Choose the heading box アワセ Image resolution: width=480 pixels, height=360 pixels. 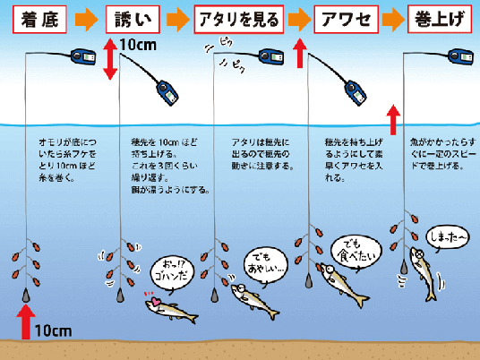pos(339,18)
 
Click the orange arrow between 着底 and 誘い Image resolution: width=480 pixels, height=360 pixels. pos(85,18)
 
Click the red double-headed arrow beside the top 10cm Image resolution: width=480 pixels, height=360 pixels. pos(110,59)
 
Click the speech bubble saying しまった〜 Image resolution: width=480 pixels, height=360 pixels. pos(448,237)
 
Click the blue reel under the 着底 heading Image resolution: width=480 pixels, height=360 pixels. pos(85,59)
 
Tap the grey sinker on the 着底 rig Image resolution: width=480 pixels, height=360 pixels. pos(27,291)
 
